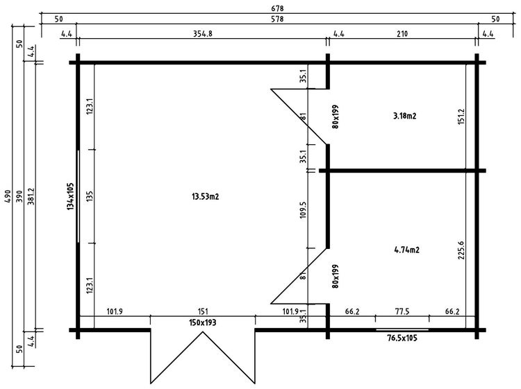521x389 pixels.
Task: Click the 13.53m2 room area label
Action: tap(205, 197)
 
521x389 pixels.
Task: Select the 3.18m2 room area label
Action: tap(404, 116)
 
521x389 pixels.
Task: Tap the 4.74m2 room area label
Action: tap(407, 250)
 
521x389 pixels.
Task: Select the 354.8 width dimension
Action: tap(202, 33)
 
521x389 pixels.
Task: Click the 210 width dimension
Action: tap(402, 33)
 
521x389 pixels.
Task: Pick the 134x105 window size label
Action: tap(71, 196)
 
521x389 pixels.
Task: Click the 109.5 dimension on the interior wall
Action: tap(303, 209)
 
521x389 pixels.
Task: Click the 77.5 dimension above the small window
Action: tap(402, 312)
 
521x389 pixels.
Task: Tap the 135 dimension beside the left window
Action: tap(90, 196)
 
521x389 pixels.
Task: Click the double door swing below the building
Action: tap(202, 357)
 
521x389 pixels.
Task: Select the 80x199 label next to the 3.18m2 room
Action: tap(335, 117)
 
